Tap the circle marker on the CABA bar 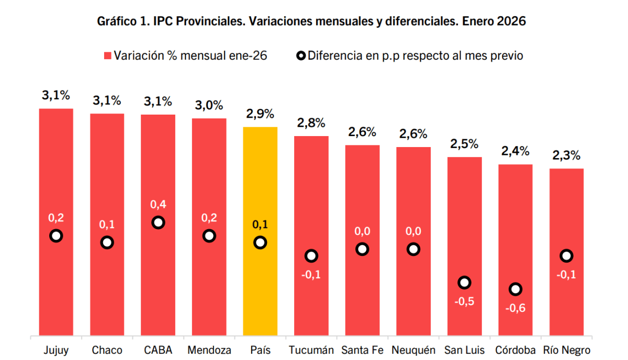click(158, 222)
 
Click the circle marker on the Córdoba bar click(515, 289)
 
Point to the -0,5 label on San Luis click(464, 301)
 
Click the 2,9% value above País click(260, 114)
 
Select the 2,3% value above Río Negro click(567, 155)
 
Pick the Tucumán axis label click(311, 350)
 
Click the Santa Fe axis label click(362, 350)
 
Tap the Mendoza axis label click(209, 350)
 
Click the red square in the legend click(108, 55)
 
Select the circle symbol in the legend click(300, 55)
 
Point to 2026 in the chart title click(512, 21)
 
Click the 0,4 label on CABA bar click(158, 204)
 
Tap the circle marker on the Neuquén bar click(413, 249)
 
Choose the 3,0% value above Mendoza click(209, 105)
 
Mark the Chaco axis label click(107, 350)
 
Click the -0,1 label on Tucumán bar click(311, 274)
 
